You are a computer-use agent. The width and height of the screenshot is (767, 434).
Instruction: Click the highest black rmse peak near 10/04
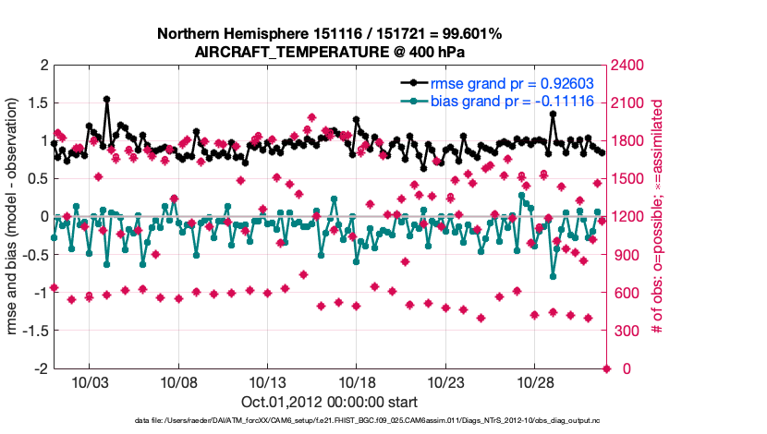click(x=107, y=99)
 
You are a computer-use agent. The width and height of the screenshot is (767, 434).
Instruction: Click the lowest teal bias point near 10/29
click(x=553, y=275)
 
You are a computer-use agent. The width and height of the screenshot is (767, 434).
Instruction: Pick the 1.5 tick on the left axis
click(x=38, y=103)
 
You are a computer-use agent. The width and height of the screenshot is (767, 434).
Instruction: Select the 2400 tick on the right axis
click(x=630, y=66)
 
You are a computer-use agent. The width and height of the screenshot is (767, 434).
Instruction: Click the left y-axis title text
click(x=16, y=217)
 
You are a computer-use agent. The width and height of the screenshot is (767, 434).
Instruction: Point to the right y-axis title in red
click(x=658, y=217)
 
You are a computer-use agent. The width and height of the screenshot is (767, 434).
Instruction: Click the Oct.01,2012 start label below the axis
click(x=330, y=402)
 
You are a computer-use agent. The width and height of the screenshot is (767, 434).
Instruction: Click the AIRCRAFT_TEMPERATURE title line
click(x=330, y=52)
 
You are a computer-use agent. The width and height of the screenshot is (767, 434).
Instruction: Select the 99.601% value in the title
click(x=470, y=34)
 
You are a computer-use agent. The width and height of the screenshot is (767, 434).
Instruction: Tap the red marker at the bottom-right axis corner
click(x=607, y=368)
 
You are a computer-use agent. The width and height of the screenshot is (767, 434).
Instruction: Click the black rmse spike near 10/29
click(x=553, y=115)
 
